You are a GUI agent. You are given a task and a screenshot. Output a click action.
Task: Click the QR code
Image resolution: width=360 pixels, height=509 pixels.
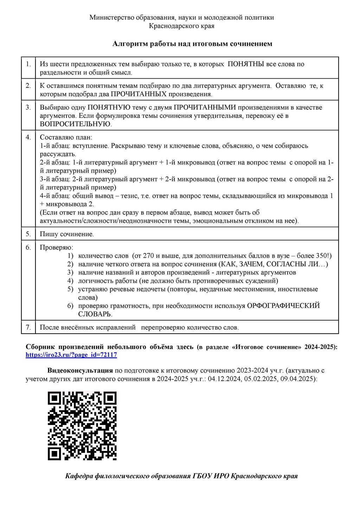[x=82, y=426]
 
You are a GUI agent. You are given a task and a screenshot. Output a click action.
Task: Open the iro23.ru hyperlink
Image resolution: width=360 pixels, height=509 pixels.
[x=71, y=355]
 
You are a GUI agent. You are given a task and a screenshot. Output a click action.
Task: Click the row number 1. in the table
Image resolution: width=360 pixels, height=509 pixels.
[x=28, y=64]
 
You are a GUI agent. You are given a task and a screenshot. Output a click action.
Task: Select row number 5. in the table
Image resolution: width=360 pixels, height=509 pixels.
[x=28, y=234]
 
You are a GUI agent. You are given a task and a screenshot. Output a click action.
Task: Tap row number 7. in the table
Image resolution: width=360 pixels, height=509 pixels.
[x=28, y=328]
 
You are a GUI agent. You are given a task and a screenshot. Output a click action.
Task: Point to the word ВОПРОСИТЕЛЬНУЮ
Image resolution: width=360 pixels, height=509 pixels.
[x=75, y=124]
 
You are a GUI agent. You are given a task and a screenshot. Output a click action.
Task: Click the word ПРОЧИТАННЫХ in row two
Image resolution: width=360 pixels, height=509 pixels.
[x=139, y=94]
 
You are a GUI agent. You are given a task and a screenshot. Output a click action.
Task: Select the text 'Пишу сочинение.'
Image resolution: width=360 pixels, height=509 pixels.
[x=67, y=234]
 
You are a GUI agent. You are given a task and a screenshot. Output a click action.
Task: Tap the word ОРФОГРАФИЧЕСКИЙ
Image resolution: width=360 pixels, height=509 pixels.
[x=283, y=306]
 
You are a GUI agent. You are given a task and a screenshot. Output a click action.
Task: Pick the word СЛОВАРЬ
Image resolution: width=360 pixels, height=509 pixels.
[x=95, y=314]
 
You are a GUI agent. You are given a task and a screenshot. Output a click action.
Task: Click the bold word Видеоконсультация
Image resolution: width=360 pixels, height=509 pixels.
[x=80, y=371]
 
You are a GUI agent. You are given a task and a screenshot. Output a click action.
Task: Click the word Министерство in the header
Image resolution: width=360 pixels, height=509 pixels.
[x=112, y=18]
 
